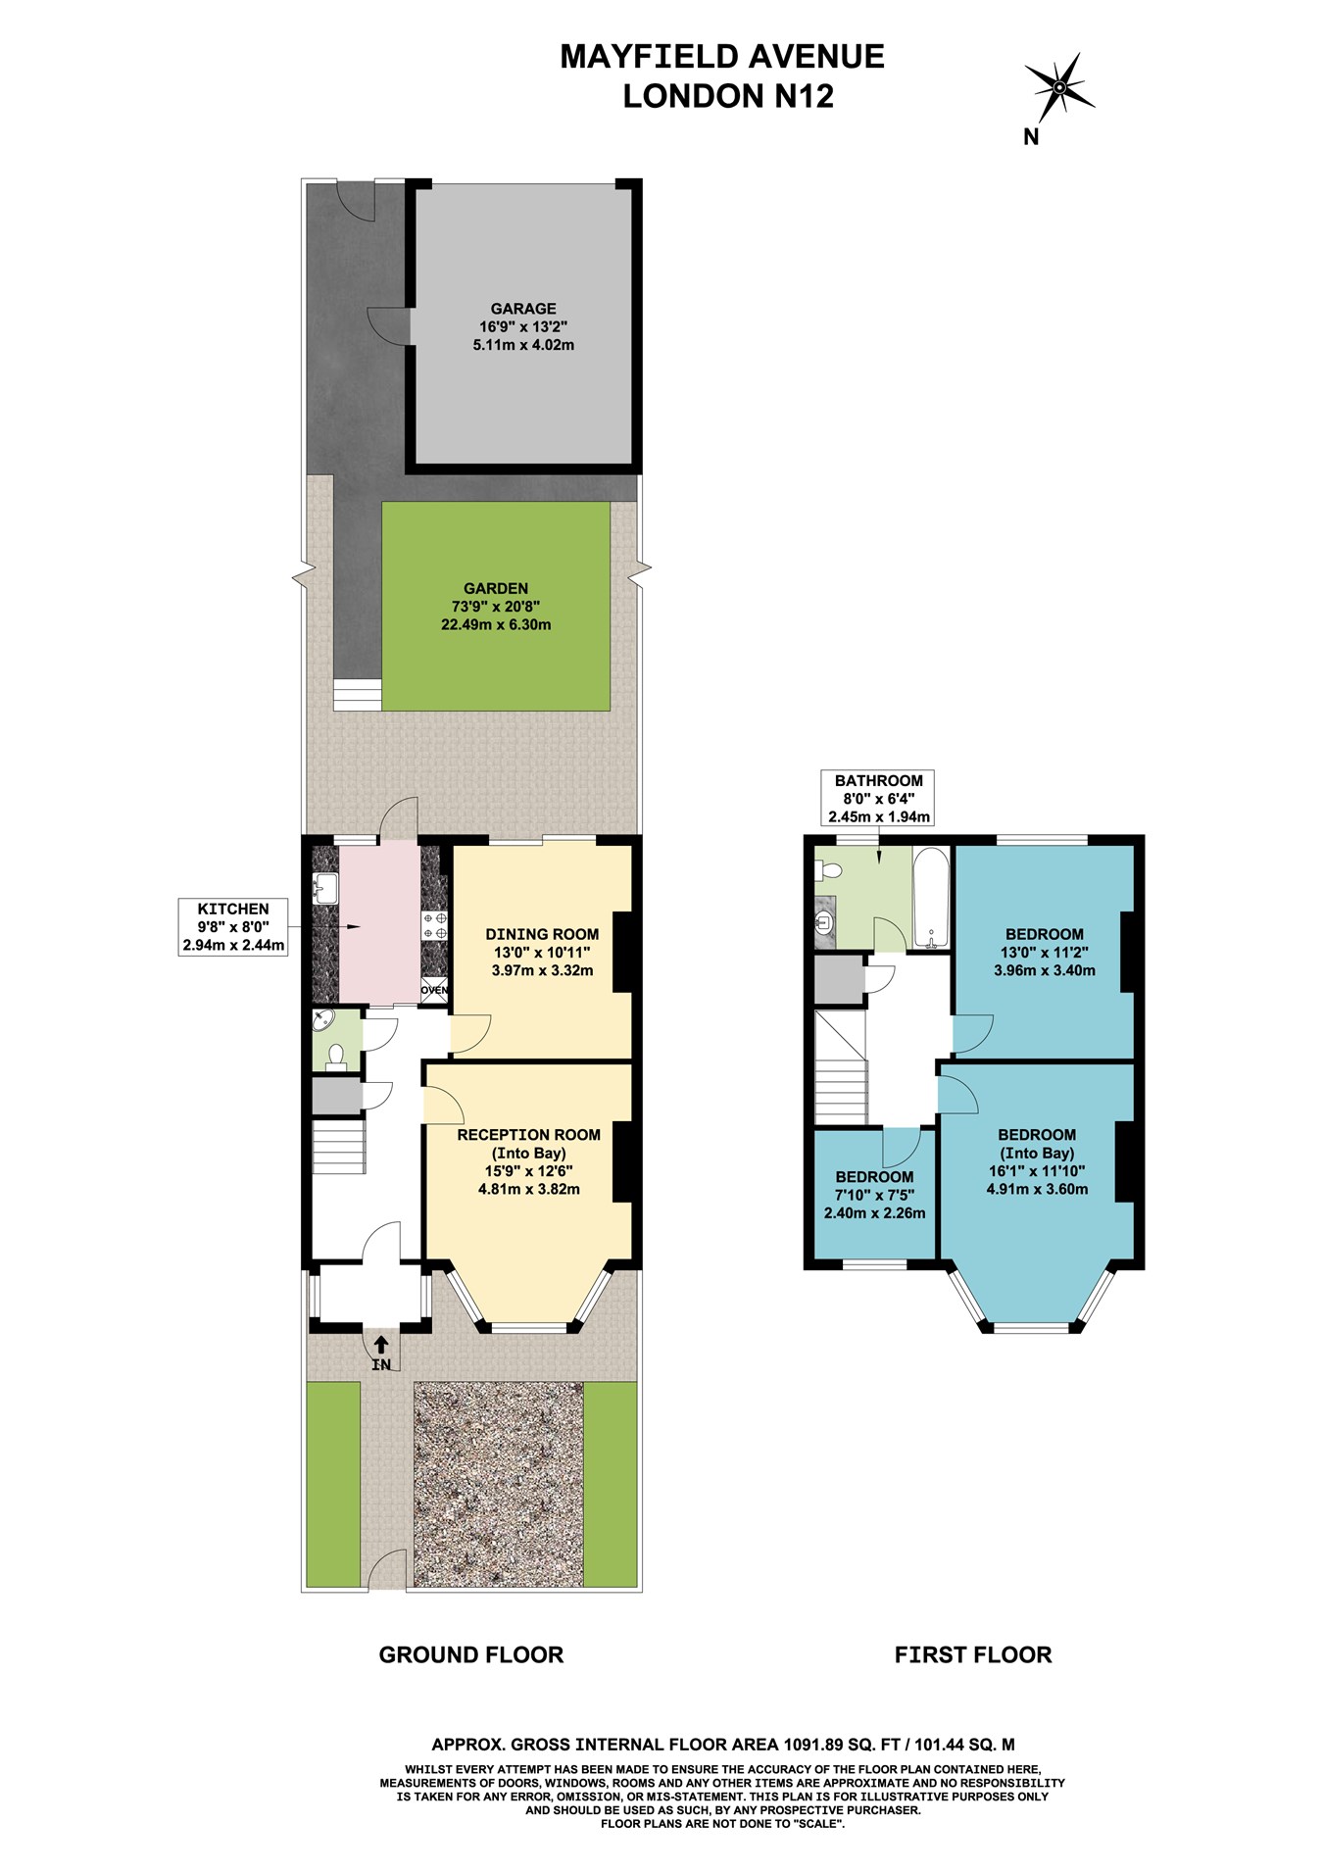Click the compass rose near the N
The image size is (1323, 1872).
1058,88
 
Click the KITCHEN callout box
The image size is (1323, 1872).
233,927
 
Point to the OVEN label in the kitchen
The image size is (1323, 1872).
434,990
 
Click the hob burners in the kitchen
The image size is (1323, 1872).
434,925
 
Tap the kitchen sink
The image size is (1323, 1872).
324,890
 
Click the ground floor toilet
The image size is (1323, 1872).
336,1057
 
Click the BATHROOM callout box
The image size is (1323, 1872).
878,798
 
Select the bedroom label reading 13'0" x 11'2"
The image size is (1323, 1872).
1044,952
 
